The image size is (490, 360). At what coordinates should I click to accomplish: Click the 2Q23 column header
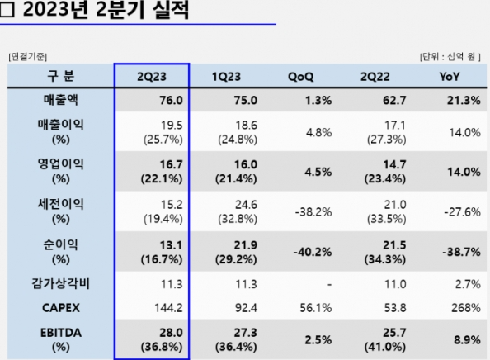[x=152, y=77]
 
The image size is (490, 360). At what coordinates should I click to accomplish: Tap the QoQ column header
[x=301, y=77]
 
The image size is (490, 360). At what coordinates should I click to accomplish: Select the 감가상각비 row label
[x=59, y=285]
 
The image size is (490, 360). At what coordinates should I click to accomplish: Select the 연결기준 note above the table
[x=31, y=57]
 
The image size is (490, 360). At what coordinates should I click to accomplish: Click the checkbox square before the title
[x=10, y=12]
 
